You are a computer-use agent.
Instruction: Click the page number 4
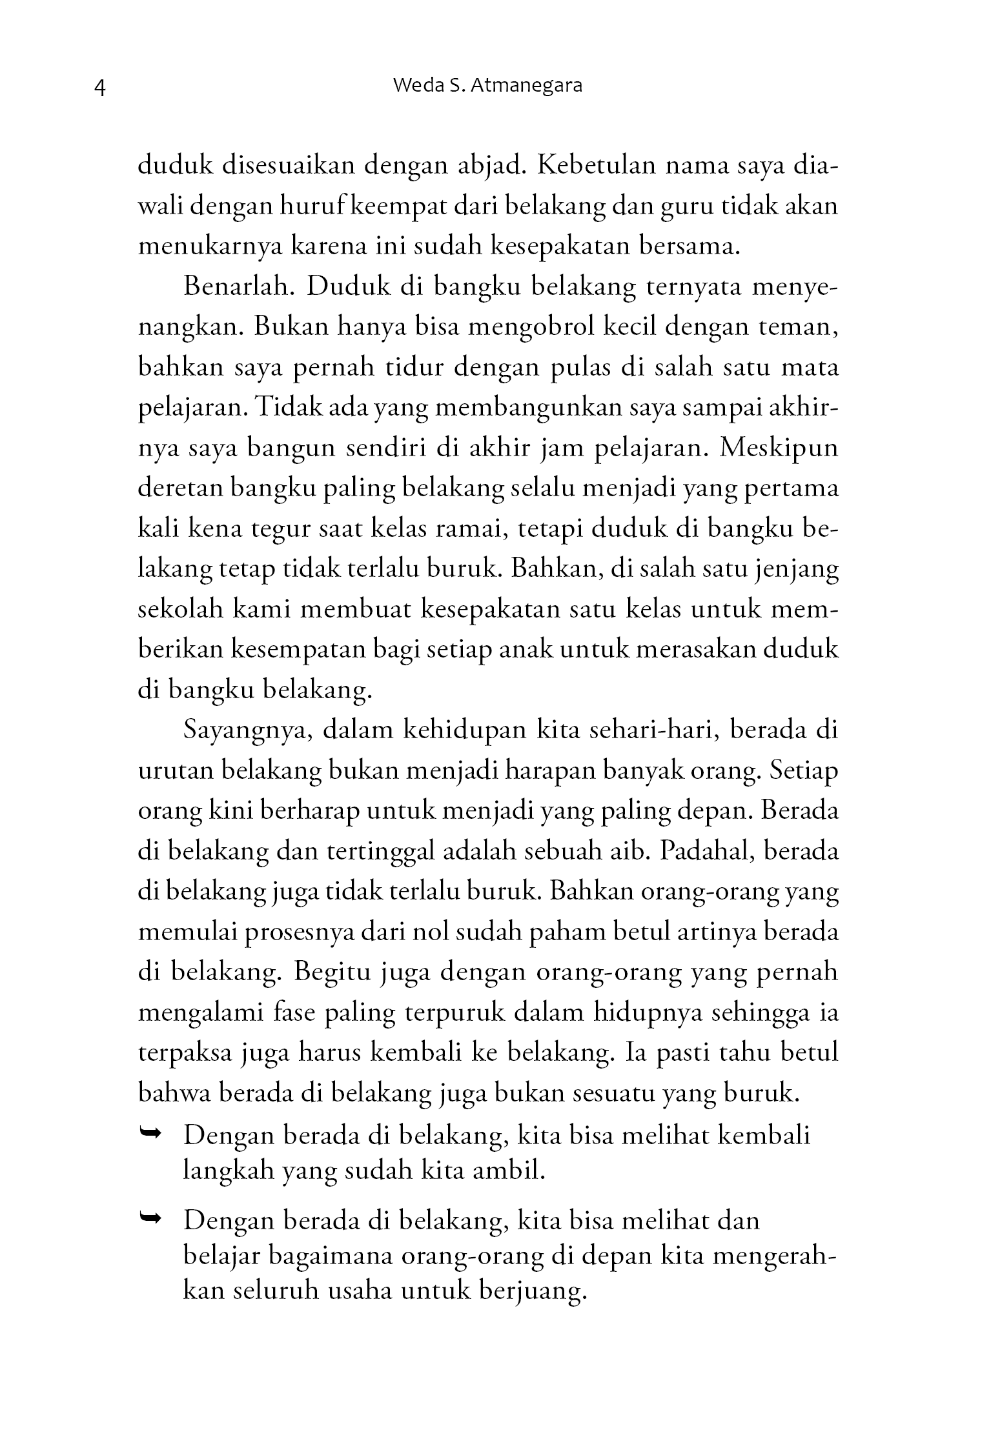pyautogui.click(x=99, y=88)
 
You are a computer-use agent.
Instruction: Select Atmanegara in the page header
pyautogui.click(x=527, y=86)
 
